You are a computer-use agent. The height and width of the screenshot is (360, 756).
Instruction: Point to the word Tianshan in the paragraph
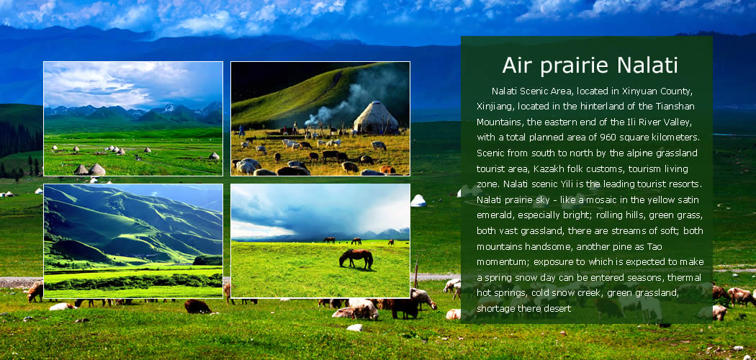click(x=678, y=106)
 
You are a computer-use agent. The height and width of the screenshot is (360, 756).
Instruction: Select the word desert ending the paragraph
click(x=558, y=309)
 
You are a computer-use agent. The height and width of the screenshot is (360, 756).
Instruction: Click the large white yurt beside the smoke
click(x=376, y=117)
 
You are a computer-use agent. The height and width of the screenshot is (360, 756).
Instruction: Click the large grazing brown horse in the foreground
click(x=356, y=258)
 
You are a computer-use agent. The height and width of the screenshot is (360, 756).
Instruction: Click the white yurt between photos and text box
click(x=418, y=200)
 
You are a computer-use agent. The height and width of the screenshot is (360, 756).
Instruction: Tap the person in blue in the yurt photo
click(x=241, y=131)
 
